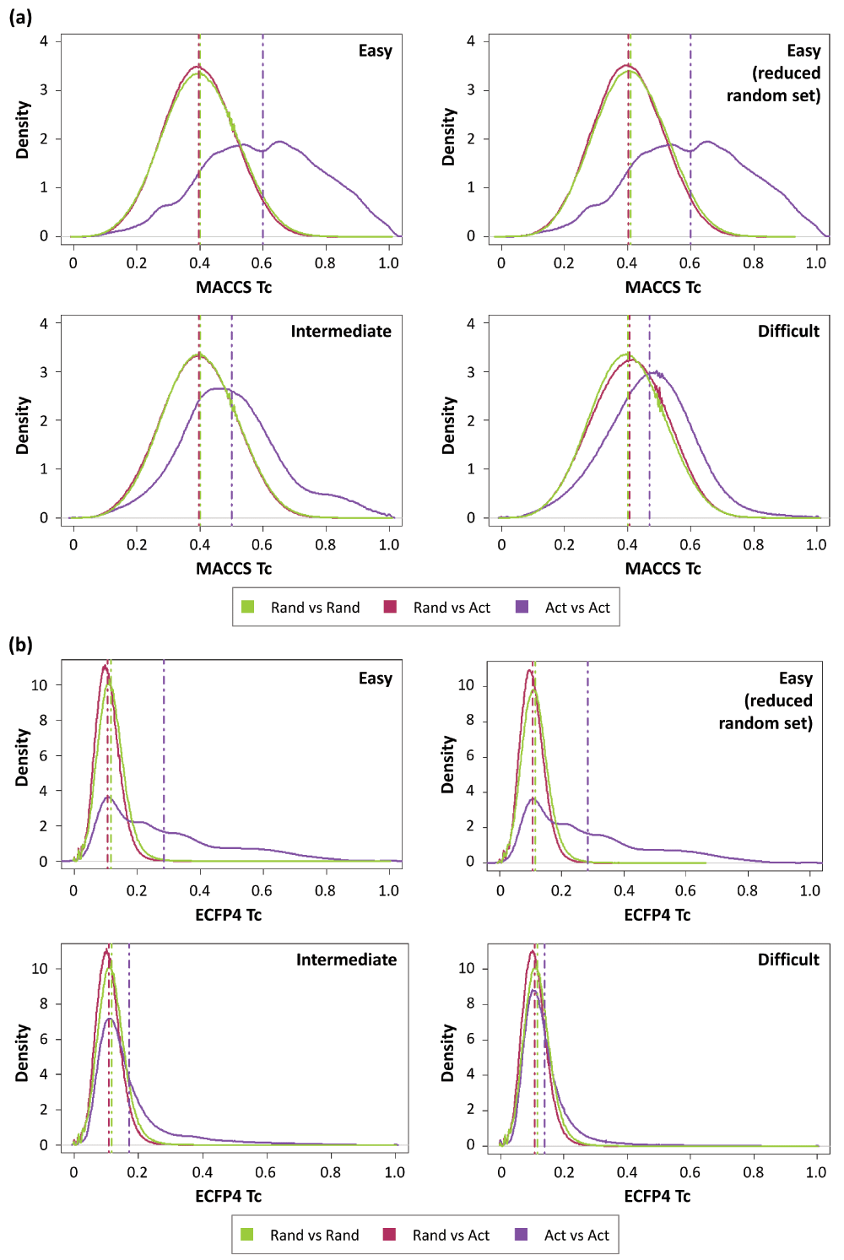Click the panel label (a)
click(x=20, y=16)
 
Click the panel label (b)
click(x=20, y=645)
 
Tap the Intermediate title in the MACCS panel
click(x=341, y=332)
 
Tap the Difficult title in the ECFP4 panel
click(x=788, y=960)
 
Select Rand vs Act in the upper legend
click(x=452, y=608)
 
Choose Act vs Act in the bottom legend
click(x=576, y=1236)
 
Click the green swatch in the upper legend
click(x=248, y=607)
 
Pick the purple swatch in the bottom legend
click(x=522, y=1235)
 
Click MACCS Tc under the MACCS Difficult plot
click(x=663, y=569)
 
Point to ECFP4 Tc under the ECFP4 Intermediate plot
click(x=228, y=1197)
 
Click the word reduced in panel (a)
click(x=787, y=73)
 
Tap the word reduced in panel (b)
click(x=778, y=701)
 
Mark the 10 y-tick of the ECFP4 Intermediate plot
click(x=40, y=969)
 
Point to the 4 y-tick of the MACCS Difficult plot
click(x=471, y=323)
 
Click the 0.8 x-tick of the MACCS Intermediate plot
click(x=325, y=545)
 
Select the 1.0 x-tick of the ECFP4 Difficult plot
click(x=816, y=1172)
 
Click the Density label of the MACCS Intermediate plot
click(x=23, y=425)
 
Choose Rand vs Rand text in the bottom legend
click(x=314, y=1236)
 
